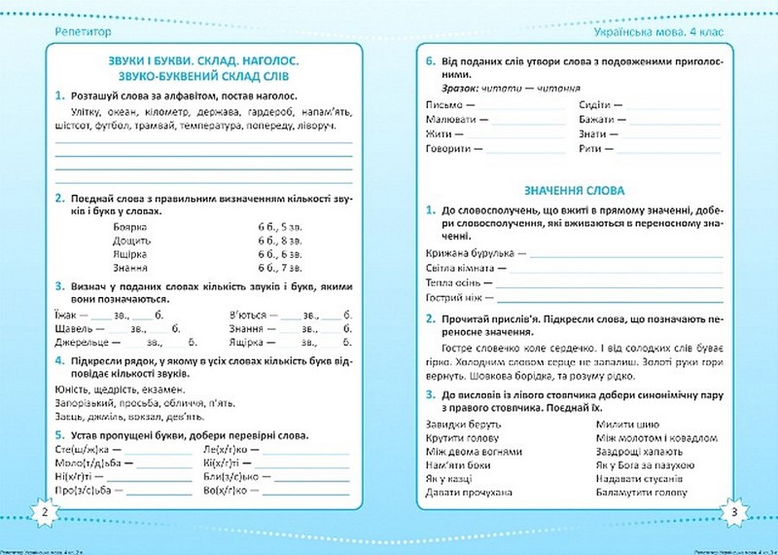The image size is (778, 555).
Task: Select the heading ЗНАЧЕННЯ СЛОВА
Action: [x=574, y=190]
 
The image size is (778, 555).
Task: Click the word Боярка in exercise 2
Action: [x=130, y=225]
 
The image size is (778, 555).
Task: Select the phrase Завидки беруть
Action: [x=463, y=425]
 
